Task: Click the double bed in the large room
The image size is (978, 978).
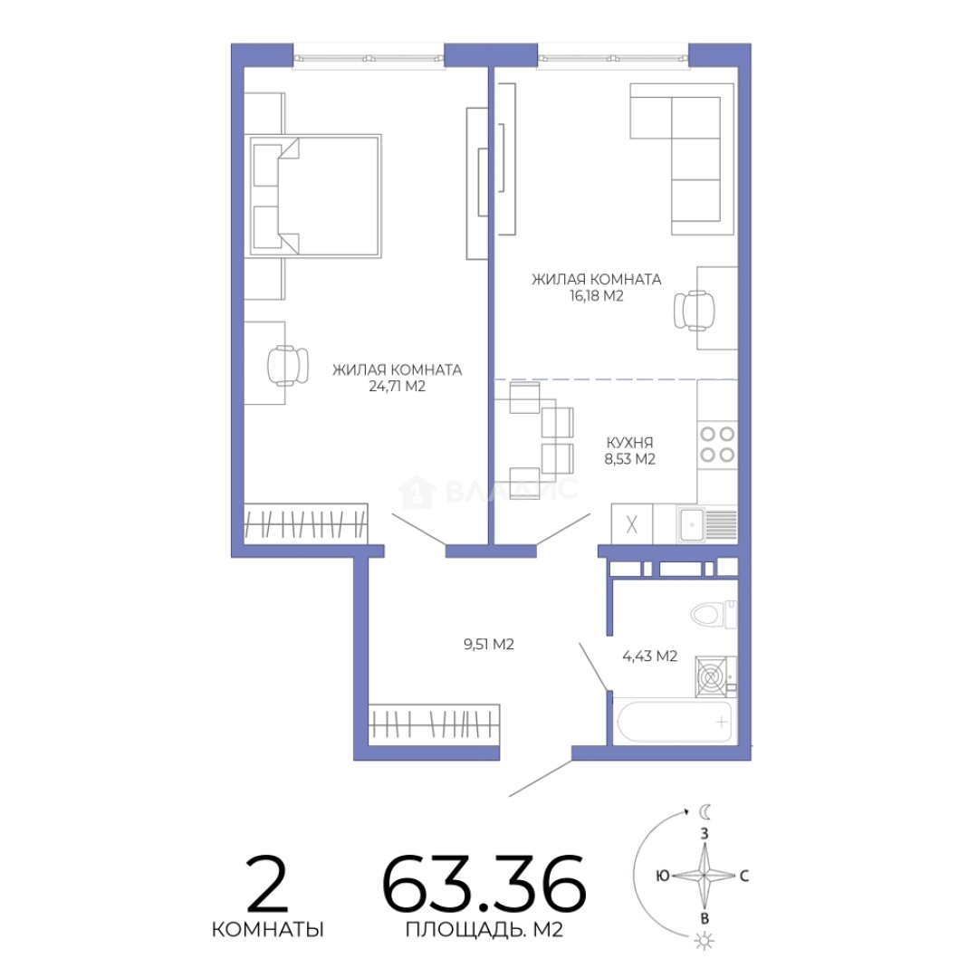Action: point(316,196)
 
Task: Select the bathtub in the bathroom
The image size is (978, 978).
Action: point(675,723)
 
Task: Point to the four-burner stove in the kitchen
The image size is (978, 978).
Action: point(717,444)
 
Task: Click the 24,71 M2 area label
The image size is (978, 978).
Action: point(397,387)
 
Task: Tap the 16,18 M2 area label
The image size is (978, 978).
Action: point(596,295)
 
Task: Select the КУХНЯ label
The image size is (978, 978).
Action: point(629,443)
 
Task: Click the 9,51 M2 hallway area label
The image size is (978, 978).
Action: point(488,645)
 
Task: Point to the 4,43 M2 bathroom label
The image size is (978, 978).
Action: point(649,657)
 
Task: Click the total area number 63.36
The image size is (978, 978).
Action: point(484,884)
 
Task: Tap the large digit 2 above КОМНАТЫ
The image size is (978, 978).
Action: point(266,883)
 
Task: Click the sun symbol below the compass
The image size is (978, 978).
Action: point(705,941)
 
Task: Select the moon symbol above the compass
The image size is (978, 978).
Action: point(705,811)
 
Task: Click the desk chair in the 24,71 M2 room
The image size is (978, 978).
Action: point(288,365)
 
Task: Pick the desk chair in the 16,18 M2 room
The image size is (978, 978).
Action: point(695,310)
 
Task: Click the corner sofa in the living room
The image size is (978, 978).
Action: point(682,159)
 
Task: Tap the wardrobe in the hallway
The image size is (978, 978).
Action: point(434,724)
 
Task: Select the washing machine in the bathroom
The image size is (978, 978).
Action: point(715,676)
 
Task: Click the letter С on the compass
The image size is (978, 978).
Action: point(743,876)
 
